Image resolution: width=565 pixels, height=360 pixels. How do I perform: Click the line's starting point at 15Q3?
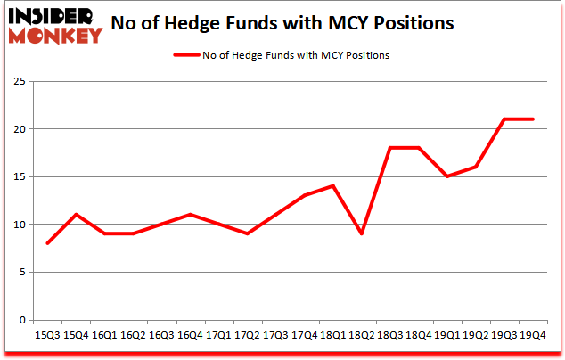(47, 243)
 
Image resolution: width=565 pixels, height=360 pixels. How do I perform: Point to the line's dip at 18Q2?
(363, 233)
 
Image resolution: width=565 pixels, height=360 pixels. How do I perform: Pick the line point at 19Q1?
(448, 176)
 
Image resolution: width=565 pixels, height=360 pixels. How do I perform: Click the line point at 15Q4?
(76, 215)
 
